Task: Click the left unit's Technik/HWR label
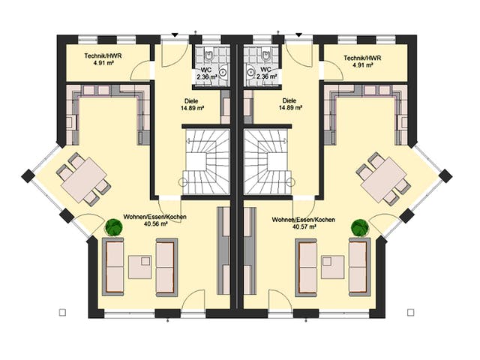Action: click(x=103, y=56)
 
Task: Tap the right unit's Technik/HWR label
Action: click(x=362, y=58)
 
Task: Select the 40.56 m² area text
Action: click(x=155, y=224)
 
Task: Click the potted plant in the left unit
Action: click(x=114, y=227)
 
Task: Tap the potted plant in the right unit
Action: click(x=360, y=227)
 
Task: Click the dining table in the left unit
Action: click(x=84, y=180)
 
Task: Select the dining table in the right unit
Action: click(x=383, y=180)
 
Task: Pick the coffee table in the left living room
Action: click(x=140, y=267)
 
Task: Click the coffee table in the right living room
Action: click(x=333, y=267)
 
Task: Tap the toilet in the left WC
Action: click(x=210, y=55)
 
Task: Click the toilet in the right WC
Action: click(x=265, y=55)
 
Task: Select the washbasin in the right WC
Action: click(x=250, y=72)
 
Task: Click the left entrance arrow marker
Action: click(x=175, y=35)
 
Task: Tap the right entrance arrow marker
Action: click(x=299, y=35)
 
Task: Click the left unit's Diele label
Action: click(x=191, y=100)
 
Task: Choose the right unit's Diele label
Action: click(x=289, y=100)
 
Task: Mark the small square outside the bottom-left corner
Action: click(x=63, y=312)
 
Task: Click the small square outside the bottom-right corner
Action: click(x=411, y=312)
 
